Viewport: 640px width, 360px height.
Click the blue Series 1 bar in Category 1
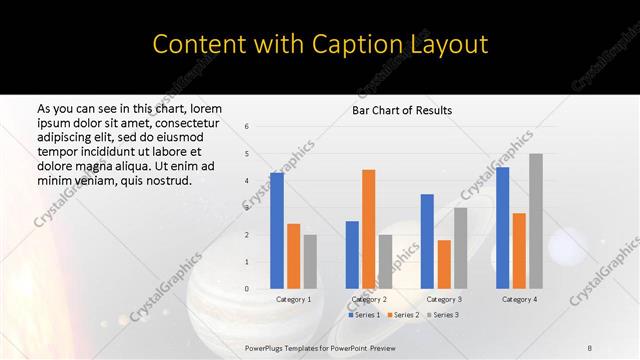tap(277, 231)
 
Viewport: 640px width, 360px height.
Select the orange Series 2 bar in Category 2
tap(368, 229)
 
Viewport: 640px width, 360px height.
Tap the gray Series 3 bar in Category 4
tap(536, 221)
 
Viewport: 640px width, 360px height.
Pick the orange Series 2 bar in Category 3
tap(444, 264)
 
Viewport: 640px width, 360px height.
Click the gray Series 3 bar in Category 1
tap(310, 262)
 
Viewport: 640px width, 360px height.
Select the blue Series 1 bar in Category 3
tap(427, 241)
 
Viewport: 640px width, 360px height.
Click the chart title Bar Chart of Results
tap(402, 110)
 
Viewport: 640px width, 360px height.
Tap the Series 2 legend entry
tap(402, 315)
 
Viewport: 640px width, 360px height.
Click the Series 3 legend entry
tap(443, 315)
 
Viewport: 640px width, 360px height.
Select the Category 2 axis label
tap(369, 299)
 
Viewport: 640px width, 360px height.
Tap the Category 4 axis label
tap(519, 299)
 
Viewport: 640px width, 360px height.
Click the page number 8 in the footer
tap(590, 349)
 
